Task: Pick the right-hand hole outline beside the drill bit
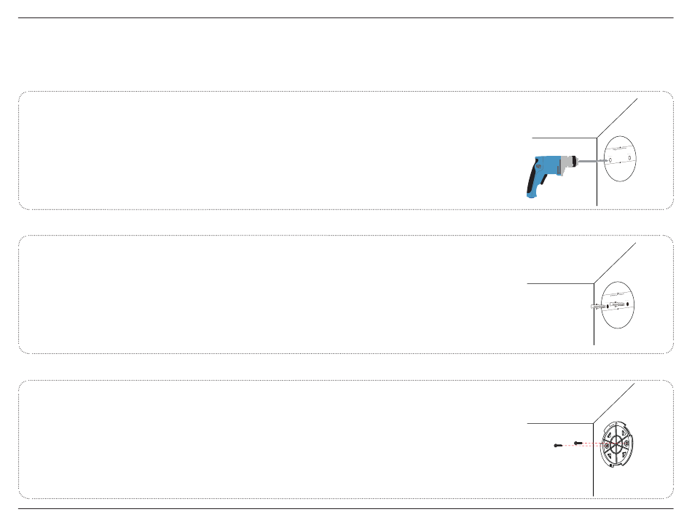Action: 629,158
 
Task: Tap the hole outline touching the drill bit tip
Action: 611,160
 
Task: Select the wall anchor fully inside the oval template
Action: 617,304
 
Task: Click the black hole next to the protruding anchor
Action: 607,305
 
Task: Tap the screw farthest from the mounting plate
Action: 557,446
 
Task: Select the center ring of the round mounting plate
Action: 616,444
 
